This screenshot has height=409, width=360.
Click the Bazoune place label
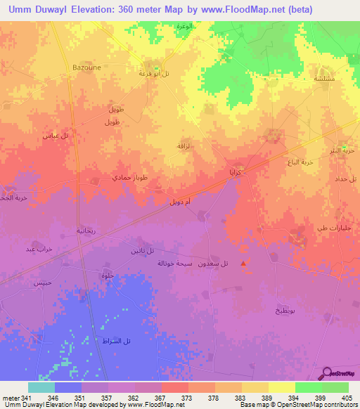click(x=89, y=67)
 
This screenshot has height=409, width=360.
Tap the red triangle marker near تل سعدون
click(x=244, y=264)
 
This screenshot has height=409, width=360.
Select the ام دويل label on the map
click(x=181, y=202)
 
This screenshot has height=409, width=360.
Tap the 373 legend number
click(x=188, y=398)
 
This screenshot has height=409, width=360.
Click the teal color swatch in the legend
click(x=41, y=387)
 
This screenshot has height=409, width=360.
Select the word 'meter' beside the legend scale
click(x=10, y=398)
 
